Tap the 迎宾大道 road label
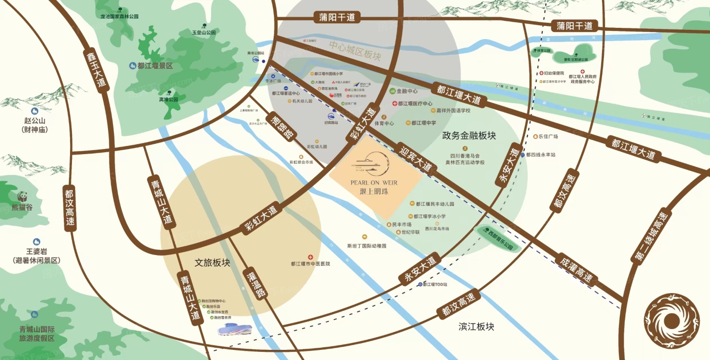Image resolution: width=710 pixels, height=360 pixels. (415, 157)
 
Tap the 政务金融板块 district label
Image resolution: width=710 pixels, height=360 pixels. (469, 135)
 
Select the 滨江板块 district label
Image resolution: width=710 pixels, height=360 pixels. (476, 327)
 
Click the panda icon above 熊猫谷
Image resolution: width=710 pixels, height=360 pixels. (23, 196)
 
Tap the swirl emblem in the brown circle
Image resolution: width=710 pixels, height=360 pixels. (671, 320)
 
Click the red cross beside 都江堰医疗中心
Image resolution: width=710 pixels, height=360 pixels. (395, 103)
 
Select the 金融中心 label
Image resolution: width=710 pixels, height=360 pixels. (406, 91)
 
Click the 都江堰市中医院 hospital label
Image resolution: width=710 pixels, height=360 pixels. (310, 264)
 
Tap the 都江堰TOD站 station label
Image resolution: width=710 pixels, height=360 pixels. (435, 284)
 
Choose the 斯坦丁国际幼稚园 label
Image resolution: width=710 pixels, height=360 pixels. (367, 246)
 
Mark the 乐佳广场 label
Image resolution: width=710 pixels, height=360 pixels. (548, 136)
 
